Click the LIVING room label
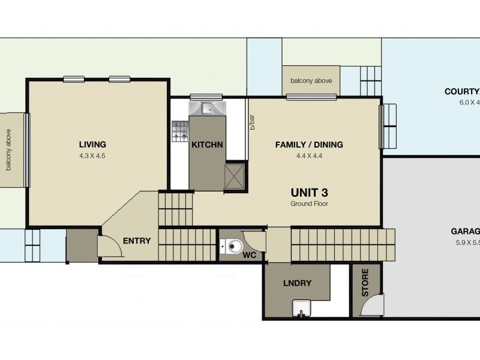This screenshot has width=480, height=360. pos(92,144)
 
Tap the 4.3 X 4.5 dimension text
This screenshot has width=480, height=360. pos(92,156)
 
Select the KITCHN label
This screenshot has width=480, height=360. pos(207,145)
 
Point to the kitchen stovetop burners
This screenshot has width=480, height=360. pos(180,132)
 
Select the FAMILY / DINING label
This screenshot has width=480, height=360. pos(308,145)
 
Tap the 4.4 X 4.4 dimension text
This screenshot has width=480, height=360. pos(308,156)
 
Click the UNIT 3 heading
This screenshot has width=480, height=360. pos(309,193)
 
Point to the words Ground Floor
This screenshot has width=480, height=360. pos(309,204)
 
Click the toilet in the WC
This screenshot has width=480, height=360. pos(231,246)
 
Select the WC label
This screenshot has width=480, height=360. pos(250,255)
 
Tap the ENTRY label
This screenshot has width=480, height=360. pos(137,241)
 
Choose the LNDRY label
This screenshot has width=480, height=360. pos(297,283)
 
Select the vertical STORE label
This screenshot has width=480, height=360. pos(365,283)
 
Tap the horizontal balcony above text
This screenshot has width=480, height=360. pos(311,81)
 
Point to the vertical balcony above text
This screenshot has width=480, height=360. pos(9,149)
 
